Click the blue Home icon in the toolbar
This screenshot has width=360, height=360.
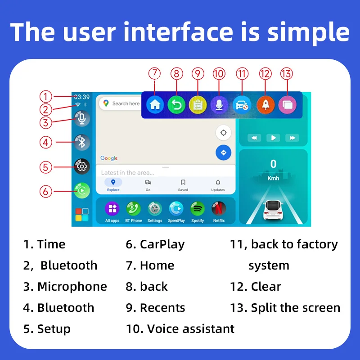coord(155,105)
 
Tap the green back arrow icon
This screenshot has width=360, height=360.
coord(176,105)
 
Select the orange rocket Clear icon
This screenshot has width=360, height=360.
coord(265,105)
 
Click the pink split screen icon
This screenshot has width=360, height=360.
coord(287,105)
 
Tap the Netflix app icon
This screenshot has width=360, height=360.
coord(219,209)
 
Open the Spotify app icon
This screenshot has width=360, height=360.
coord(198,209)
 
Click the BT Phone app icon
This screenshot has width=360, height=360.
coord(133,209)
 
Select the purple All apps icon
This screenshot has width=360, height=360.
coord(112,209)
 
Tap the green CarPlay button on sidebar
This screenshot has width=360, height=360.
coord(81,190)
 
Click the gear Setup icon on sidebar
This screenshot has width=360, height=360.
coord(81,166)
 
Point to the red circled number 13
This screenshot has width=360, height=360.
coord(286,73)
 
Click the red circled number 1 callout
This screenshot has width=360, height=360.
coord(45,96)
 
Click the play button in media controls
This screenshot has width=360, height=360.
coord(273,138)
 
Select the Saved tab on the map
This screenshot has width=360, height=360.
coord(183,184)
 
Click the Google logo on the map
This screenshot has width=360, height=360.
coord(109,158)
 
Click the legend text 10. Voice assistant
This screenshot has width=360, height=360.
coord(180,329)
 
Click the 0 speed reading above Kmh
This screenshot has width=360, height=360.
coord(273,164)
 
